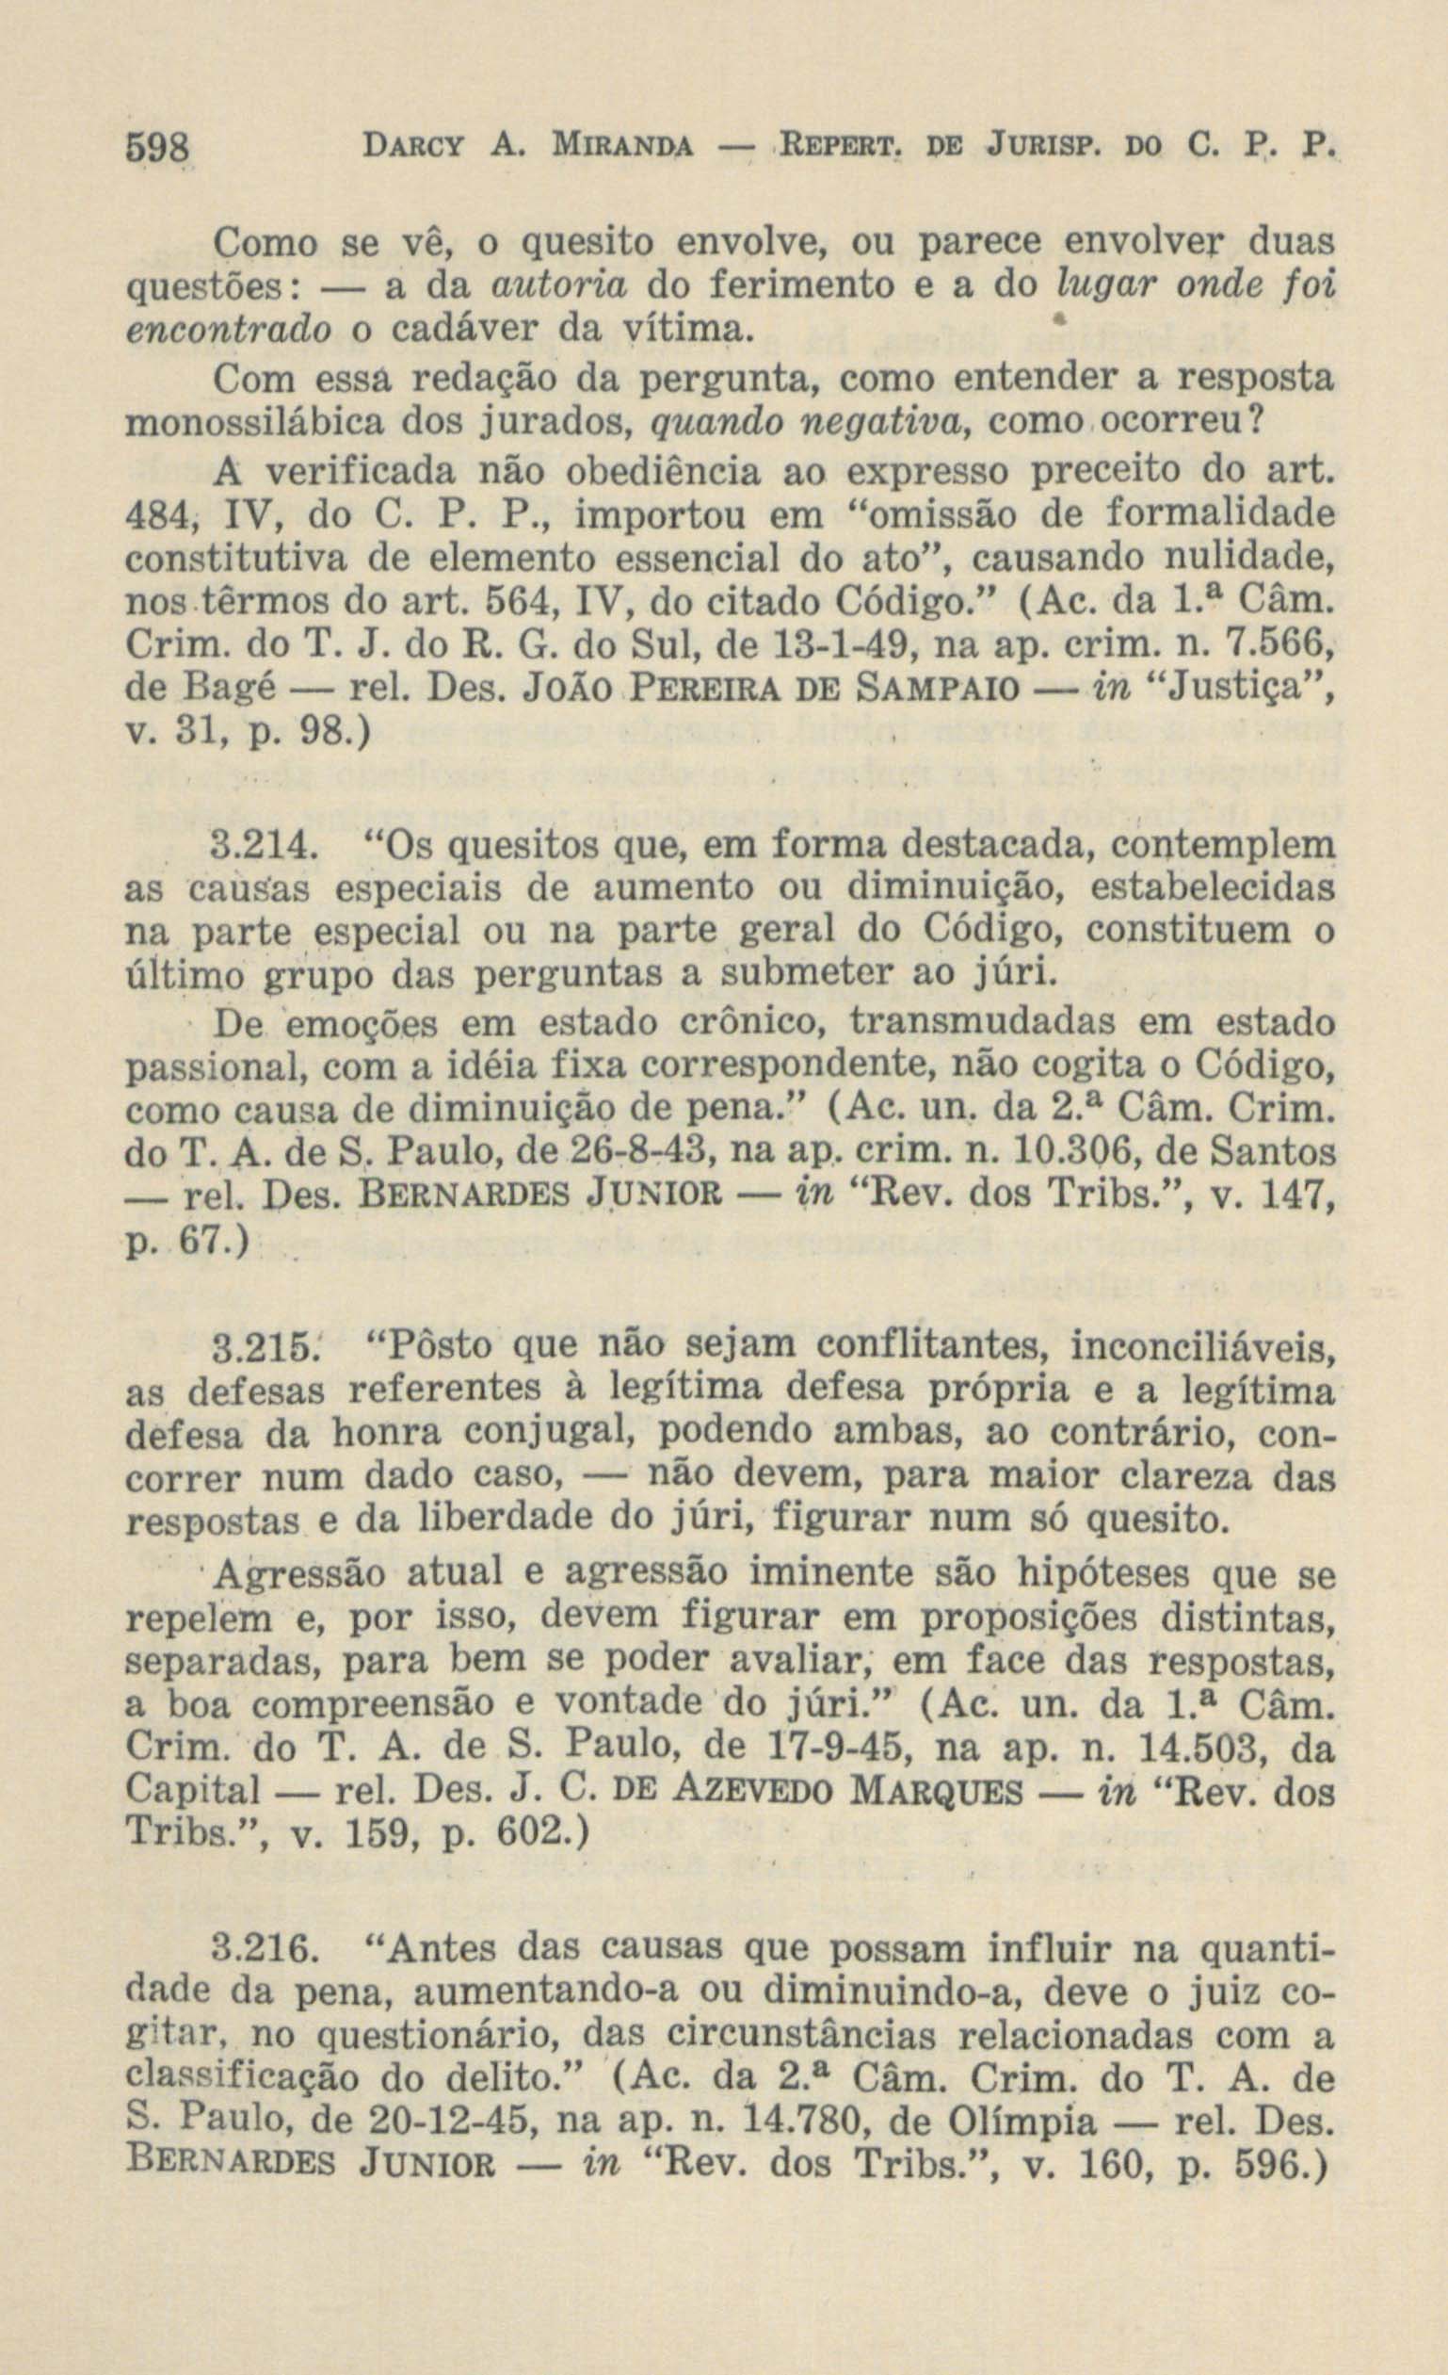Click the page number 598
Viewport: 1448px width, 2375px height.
[160, 150]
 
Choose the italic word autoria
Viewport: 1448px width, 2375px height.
[559, 285]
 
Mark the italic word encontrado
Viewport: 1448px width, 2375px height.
[230, 330]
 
